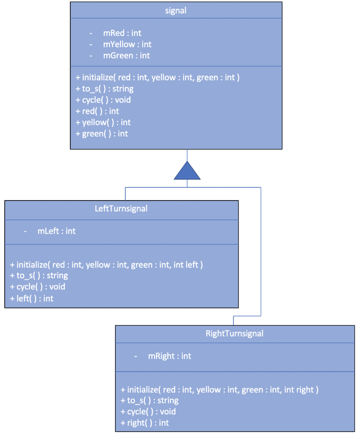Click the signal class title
click(x=176, y=11)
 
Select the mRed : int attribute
click(x=122, y=33)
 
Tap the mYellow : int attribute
click(x=127, y=44)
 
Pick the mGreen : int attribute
click(x=126, y=55)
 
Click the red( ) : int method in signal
click(x=97, y=111)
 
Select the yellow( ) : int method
click(x=103, y=122)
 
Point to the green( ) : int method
click(x=101, y=133)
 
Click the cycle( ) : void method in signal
click(x=103, y=100)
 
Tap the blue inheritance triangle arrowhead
click(x=187, y=171)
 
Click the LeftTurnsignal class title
click(x=121, y=209)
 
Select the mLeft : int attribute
click(x=56, y=231)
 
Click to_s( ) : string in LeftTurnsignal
click(x=39, y=275)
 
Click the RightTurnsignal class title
click(x=234, y=333)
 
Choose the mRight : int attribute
click(x=169, y=356)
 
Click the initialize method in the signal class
click(x=157, y=77)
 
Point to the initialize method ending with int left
click(x=106, y=265)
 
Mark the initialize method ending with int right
click(x=219, y=390)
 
